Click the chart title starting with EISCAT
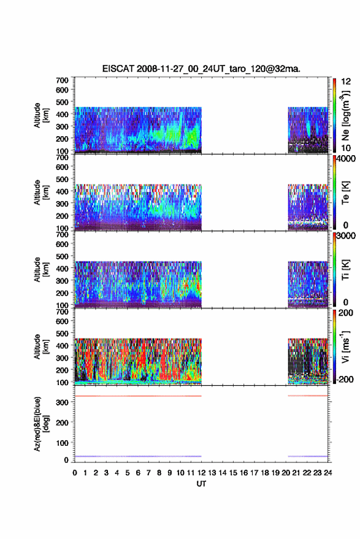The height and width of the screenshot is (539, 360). coord(202,69)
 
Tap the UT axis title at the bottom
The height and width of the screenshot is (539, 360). coord(202,484)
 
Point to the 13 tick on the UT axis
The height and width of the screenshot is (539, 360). coord(212,473)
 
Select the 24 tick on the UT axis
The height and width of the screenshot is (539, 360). coord(328,473)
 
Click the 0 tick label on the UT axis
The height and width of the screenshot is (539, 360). coord(75,473)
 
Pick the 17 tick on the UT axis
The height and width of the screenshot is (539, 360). coord(254,473)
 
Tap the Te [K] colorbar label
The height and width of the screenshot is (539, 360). coord(345,193)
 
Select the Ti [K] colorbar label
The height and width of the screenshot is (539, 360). coord(345,270)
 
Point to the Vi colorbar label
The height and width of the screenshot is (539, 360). coord(345,346)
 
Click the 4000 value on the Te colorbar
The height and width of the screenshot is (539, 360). coord(344,159)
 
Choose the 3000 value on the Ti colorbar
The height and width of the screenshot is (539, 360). coord(344,236)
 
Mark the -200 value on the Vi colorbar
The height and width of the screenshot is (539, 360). coord(343,379)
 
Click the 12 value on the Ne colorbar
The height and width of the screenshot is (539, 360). coord(346,82)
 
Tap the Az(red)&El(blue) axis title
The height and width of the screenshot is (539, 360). coord(41,424)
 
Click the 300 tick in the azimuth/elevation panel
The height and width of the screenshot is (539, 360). coord(62,402)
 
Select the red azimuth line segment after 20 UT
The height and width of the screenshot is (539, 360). coord(308,396)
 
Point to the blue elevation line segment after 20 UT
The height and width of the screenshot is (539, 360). coord(308,456)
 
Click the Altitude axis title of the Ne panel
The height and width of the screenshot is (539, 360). coord(40,115)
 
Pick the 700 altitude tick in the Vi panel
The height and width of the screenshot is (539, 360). coord(62,312)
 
